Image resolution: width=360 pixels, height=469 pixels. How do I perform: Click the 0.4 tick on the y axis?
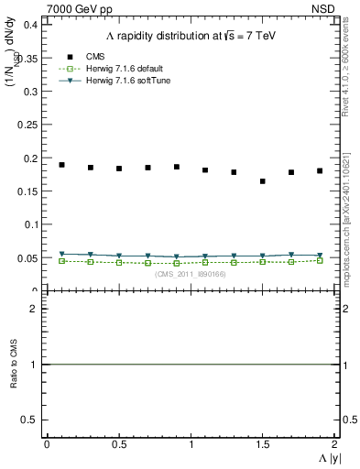(27, 25)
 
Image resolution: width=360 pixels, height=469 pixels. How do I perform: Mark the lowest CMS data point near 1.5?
(263, 181)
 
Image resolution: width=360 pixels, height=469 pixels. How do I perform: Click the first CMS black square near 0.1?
(61, 165)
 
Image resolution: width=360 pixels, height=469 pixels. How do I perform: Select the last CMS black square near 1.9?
(320, 170)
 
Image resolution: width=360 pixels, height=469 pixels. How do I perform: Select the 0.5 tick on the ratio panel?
(28, 420)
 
